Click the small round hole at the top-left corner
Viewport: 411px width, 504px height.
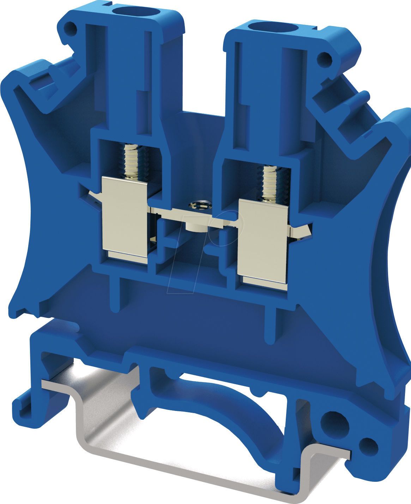click(71, 29)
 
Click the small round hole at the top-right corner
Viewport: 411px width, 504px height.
click(324, 59)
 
